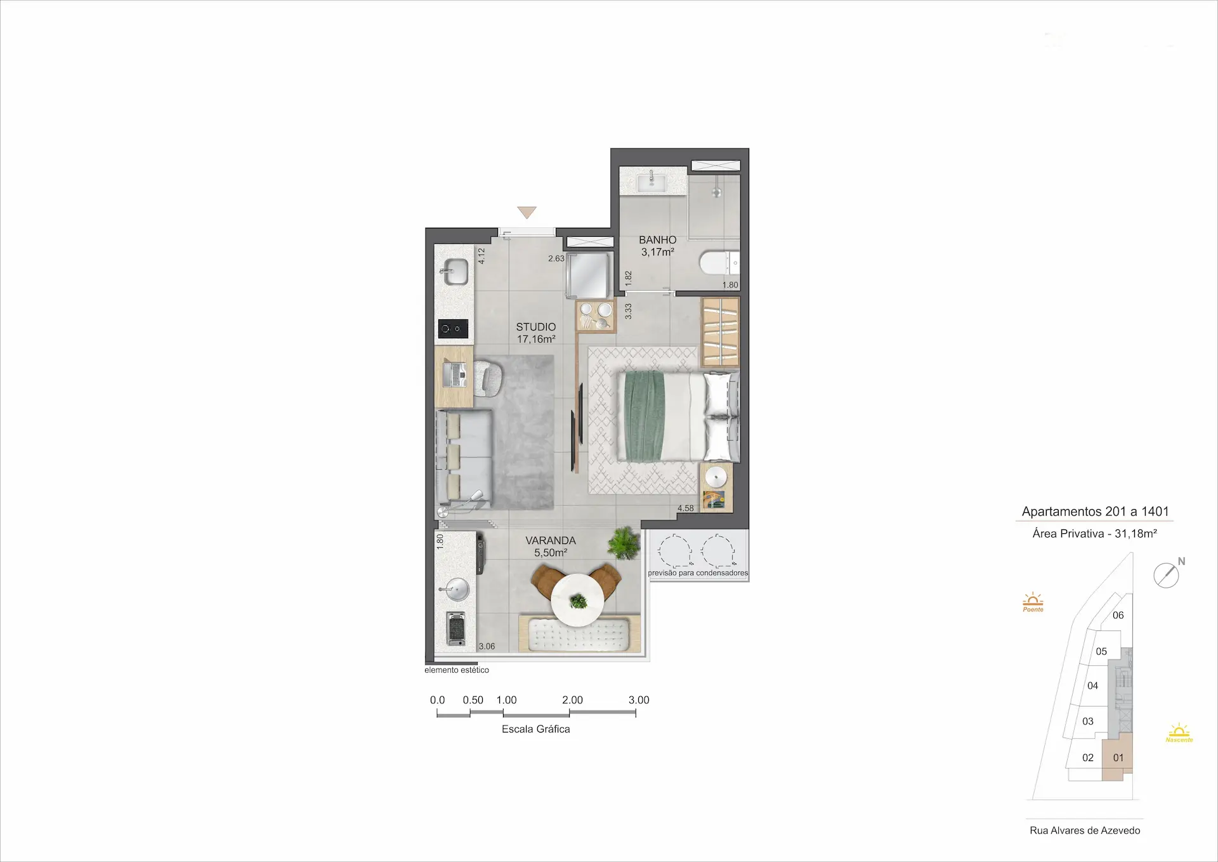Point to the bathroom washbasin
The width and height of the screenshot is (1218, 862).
click(652, 182)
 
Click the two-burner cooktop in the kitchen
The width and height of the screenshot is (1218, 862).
click(453, 329)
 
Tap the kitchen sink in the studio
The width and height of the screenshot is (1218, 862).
click(454, 272)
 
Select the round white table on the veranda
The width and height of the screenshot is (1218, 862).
click(578, 600)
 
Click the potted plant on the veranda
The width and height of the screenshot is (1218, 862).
click(624, 544)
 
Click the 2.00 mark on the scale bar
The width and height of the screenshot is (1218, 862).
click(572, 700)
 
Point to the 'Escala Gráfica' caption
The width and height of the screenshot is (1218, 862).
click(536, 729)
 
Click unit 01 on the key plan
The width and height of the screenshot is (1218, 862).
click(1118, 758)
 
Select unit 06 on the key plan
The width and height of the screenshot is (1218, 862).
click(1118, 615)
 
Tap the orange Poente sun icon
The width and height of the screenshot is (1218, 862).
click(1033, 602)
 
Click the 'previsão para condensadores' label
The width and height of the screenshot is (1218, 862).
click(698, 573)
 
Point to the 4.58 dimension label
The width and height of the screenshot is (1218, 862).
click(686, 508)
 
